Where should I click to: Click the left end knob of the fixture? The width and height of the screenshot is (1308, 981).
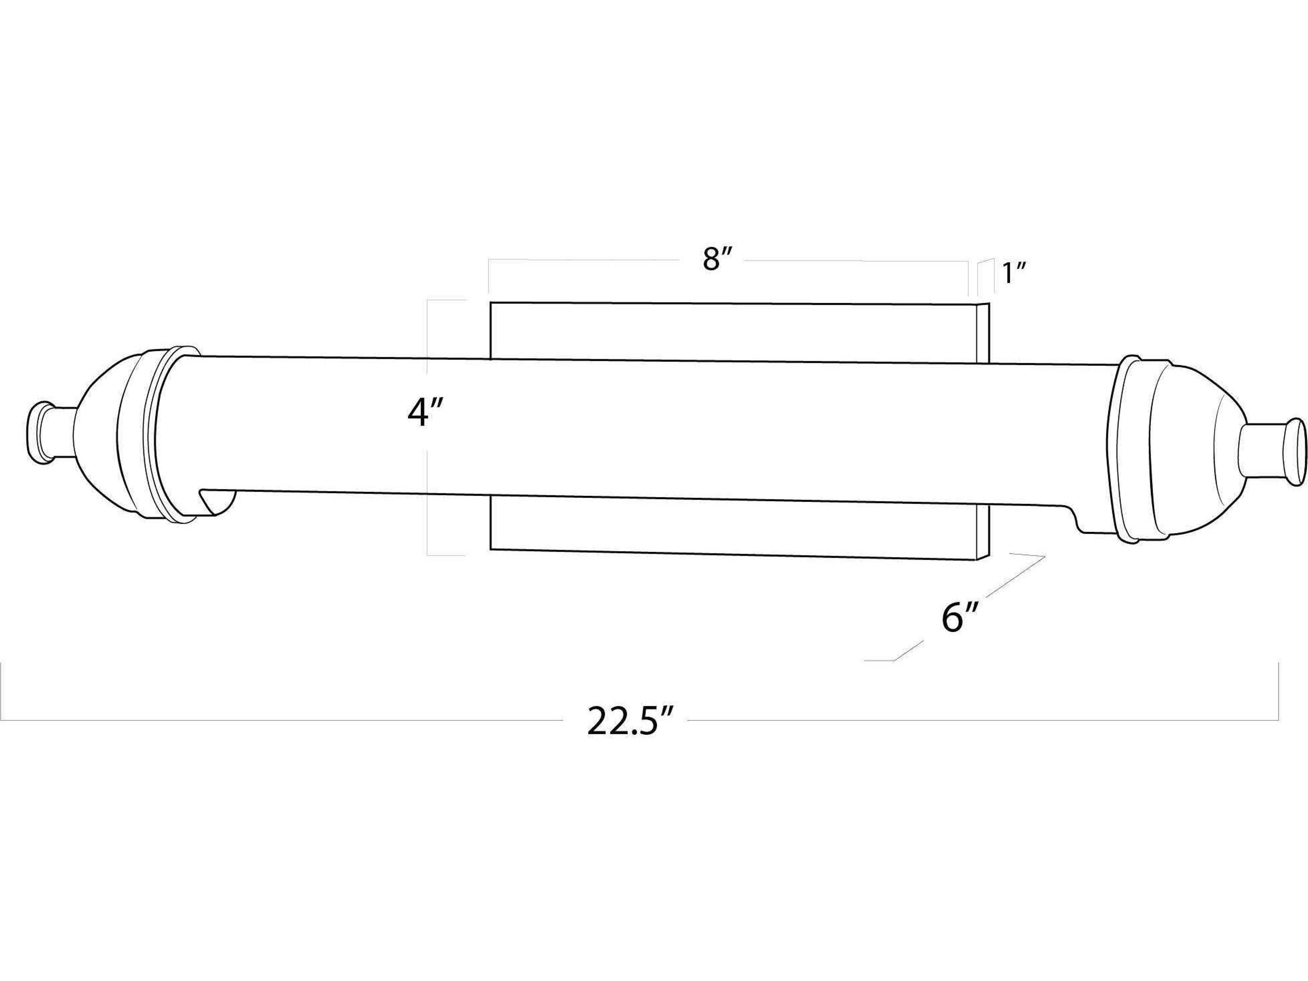click(50, 431)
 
